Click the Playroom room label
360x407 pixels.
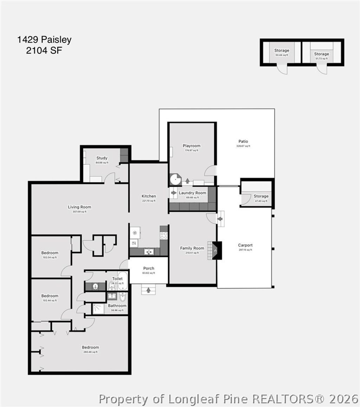coord(191,146)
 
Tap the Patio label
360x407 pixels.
coord(243,142)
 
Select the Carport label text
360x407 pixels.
coord(245,245)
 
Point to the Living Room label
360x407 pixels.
coord(79,207)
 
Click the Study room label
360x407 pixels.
coord(102,158)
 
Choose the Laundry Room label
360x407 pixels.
coord(192,193)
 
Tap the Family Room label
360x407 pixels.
coord(192,248)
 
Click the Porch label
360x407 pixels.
coord(149,269)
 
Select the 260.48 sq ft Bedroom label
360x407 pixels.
coord(90,347)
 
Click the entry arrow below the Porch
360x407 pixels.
coord(148,290)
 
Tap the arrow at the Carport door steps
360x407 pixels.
coord(220,219)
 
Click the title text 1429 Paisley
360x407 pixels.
coord(44,40)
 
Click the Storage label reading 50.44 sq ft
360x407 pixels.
coord(282,51)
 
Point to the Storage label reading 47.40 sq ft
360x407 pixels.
coord(261,196)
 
